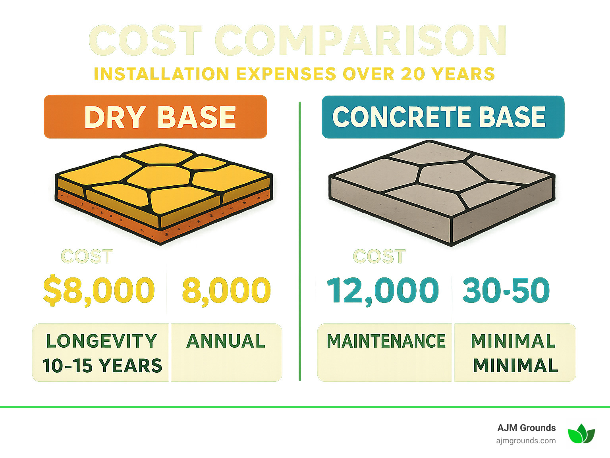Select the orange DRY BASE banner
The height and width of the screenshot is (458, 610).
(155, 117)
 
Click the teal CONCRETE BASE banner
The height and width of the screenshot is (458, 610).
(442, 117)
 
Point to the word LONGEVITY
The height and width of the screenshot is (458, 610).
(102, 341)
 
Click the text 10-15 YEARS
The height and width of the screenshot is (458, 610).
(102, 366)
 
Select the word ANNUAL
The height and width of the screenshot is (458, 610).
(226, 341)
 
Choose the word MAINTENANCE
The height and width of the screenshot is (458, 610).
(386, 341)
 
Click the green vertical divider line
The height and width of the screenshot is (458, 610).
(300, 238)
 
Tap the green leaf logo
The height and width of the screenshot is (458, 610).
(581, 434)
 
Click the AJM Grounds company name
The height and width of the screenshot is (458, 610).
(526, 428)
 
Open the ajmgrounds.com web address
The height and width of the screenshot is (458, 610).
(526, 441)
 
